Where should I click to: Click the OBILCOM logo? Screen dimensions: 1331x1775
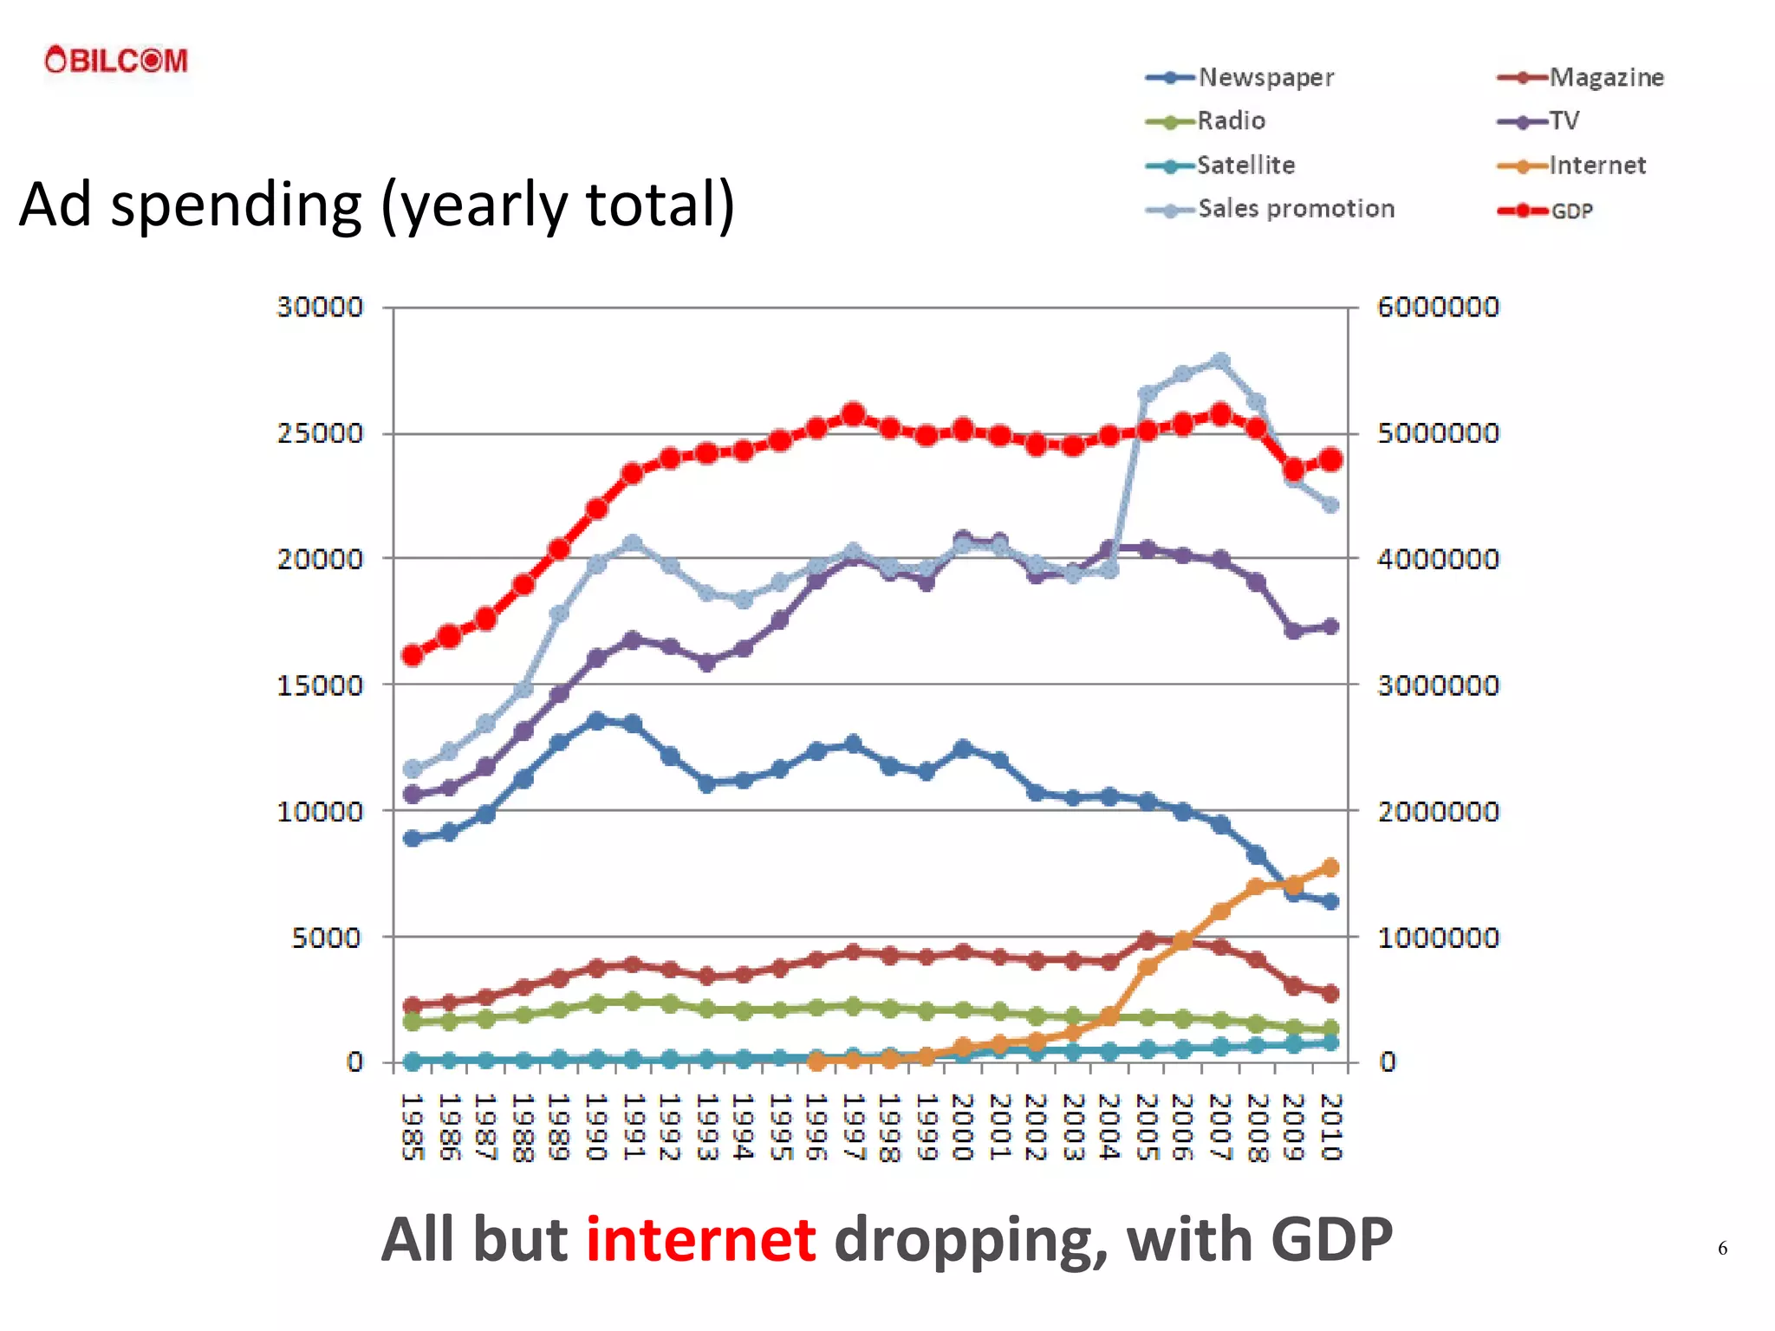(x=116, y=61)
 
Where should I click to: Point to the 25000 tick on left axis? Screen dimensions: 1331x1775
(x=320, y=433)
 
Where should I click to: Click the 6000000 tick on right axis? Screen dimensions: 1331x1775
(x=1437, y=307)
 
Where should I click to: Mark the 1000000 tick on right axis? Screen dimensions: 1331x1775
(x=1437, y=938)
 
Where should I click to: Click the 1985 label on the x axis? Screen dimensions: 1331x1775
(x=413, y=1126)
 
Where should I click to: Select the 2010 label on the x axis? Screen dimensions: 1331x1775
(x=1331, y=1126)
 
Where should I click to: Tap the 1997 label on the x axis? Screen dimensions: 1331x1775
(x=854, y=1126)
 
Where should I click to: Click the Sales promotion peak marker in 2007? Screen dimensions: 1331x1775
(x=1220, y=361)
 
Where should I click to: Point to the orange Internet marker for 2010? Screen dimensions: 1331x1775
(x=1331, y=867)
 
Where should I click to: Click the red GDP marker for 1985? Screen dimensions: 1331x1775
(x=413, y=655)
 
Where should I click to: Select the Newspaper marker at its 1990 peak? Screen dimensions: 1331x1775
(x=596, y=721)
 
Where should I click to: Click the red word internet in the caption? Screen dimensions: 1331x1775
(x=700, y=1239)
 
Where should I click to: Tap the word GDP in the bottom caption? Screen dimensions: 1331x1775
(x=1331, y=1239)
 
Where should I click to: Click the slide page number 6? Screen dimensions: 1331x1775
(x=1722, y=1248)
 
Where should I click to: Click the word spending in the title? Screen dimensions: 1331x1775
(x=236, y=206)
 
